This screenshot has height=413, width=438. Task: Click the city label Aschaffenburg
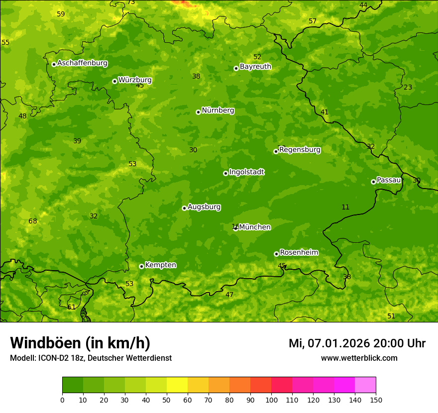tap(82, 63)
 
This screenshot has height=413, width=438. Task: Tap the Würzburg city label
tap(135, 80)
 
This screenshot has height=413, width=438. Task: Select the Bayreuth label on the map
tap(255, 67)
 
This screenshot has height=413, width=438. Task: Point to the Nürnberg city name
tap(218, 110)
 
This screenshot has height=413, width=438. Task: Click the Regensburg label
tap(300, 150)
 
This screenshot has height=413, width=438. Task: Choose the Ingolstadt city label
tap(246, 172)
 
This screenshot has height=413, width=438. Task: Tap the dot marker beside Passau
tap(373, 182)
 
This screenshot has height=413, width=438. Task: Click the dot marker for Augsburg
tap(184, 208)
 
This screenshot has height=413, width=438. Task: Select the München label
tap(255, 227)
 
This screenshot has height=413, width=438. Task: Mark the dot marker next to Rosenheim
tap(276, 254)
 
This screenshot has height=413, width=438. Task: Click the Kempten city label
tap(160, 265)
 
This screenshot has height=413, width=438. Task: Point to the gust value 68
tap(33, 221)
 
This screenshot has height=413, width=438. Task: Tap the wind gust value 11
tap(345, 207)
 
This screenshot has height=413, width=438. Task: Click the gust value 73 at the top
tap(131, 2)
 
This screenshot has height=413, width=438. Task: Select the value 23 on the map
tap(408, 87)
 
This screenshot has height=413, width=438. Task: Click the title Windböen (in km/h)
tap(80, 343)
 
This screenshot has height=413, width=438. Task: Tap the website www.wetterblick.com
tap(359, 358)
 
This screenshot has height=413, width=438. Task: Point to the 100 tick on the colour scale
tap(271, 400)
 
